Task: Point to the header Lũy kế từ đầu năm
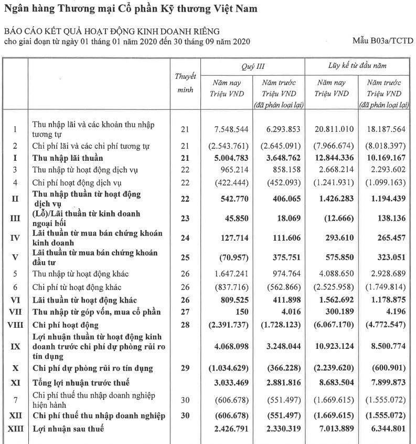pos(358,66)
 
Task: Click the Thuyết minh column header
pos(185,83)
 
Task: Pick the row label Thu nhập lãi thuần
pos(68,158)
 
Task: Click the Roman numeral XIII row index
pos(15,429)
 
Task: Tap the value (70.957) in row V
pos(229,258)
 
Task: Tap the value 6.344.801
pos(387,429)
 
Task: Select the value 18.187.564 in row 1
pos(387,129)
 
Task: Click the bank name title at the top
pos(131,9)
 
